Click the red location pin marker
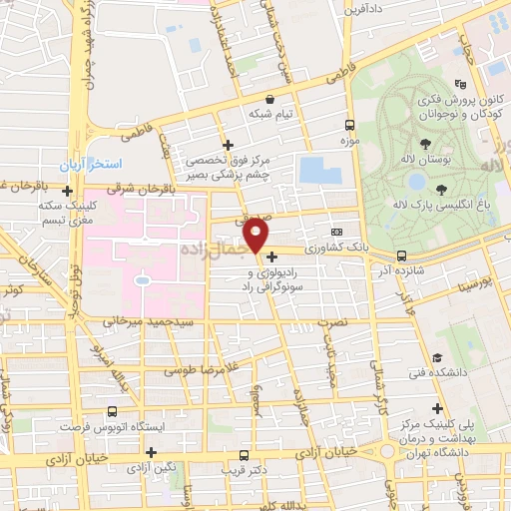(256, 237)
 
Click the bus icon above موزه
(349, 126)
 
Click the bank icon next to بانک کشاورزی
(335, 231)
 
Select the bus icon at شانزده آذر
(400, 255)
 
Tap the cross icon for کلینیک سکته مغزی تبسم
(67, 191)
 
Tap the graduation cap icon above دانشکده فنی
(436, 358)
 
